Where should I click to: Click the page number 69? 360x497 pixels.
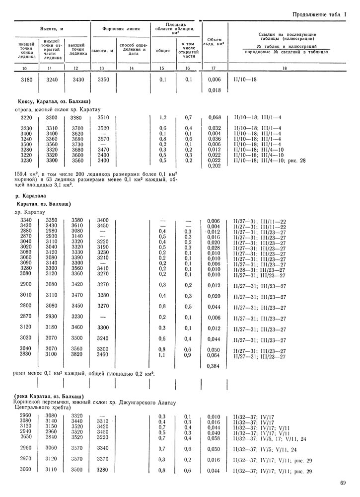pyautogui.click(x=343, y=482)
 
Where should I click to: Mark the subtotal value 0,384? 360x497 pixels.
pyautogui.click(x=213, y=366)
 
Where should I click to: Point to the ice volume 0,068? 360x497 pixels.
pyautogui.click(x=213, y=118)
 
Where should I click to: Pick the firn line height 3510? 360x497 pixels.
pyautogui.click(x=103, y=118)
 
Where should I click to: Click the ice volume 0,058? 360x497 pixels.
pyautogui.click(x=213, y=438)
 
